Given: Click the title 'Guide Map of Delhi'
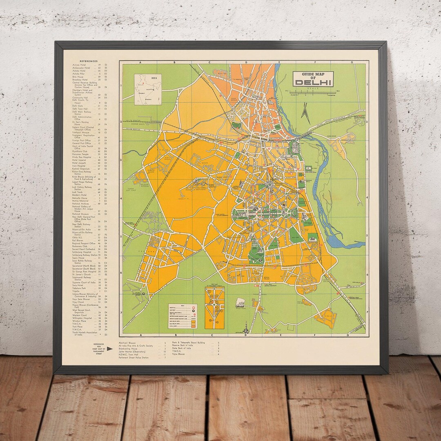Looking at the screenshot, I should (x=313, y=79).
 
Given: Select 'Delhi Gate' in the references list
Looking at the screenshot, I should (x=78, y=106).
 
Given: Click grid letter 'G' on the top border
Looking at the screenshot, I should (x=352, y=62).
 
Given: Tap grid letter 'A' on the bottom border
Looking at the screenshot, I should (x=140, y=335).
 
